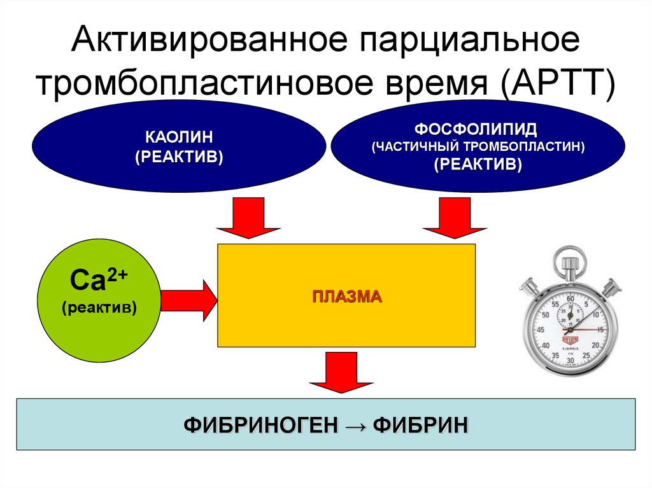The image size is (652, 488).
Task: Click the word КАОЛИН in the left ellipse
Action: pos(179,136)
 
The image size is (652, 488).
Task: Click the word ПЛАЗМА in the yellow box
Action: pos(347,296)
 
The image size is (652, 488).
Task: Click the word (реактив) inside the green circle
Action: pos(99,307)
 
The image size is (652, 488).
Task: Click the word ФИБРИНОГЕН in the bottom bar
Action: pos(259,424)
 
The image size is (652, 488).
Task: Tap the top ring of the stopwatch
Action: pos(569,260)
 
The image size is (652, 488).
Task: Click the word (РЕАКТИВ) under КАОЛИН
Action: pos(179,157)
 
